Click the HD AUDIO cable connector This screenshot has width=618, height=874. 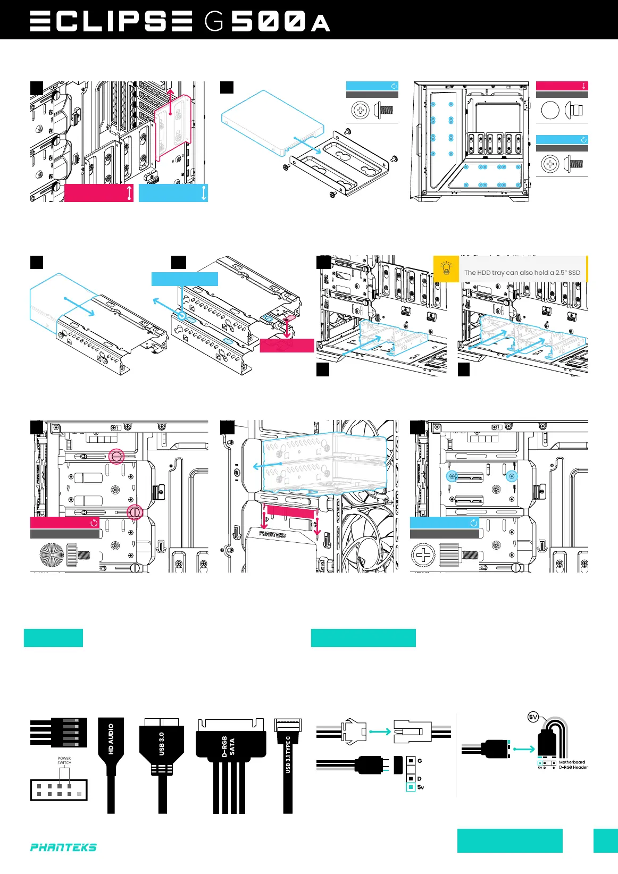[111, 739]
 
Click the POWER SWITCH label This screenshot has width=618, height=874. [64, 761]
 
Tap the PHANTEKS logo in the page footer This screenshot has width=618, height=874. [63, 847]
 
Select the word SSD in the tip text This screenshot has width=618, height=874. [574, 273]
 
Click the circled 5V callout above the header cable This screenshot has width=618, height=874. [533, 717]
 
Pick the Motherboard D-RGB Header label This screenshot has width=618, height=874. [573, 765]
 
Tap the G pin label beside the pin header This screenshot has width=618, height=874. [420, 761]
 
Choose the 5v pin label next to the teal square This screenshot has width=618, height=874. [421, 787]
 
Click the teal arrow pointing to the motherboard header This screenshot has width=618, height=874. [524, 749]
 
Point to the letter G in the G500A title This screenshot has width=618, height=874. [214, 22]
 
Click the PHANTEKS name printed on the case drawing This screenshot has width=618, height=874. [272, 534]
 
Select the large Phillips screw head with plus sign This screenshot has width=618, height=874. [423, 556]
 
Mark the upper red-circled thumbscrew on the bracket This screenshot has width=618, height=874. [116, 456]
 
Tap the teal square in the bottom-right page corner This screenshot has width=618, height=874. [605, 841]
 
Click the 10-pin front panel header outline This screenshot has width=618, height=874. [59, 790]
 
